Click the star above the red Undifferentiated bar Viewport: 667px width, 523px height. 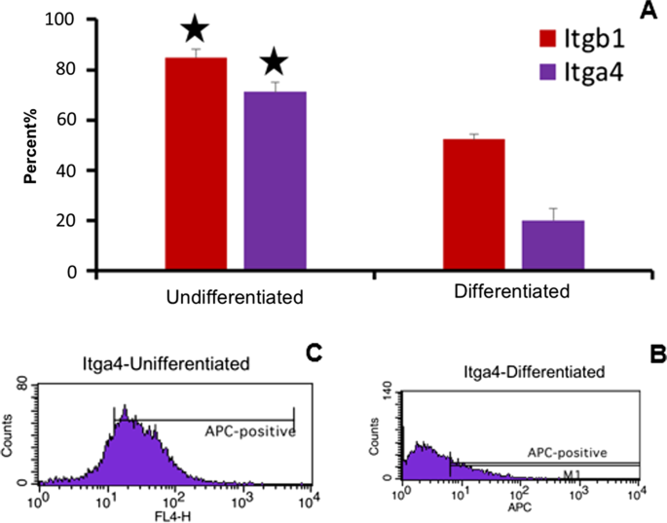click(x=196, y=29)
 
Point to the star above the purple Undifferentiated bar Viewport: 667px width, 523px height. click(x=275, y=63)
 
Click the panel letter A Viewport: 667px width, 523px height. click(x=646, y=11)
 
